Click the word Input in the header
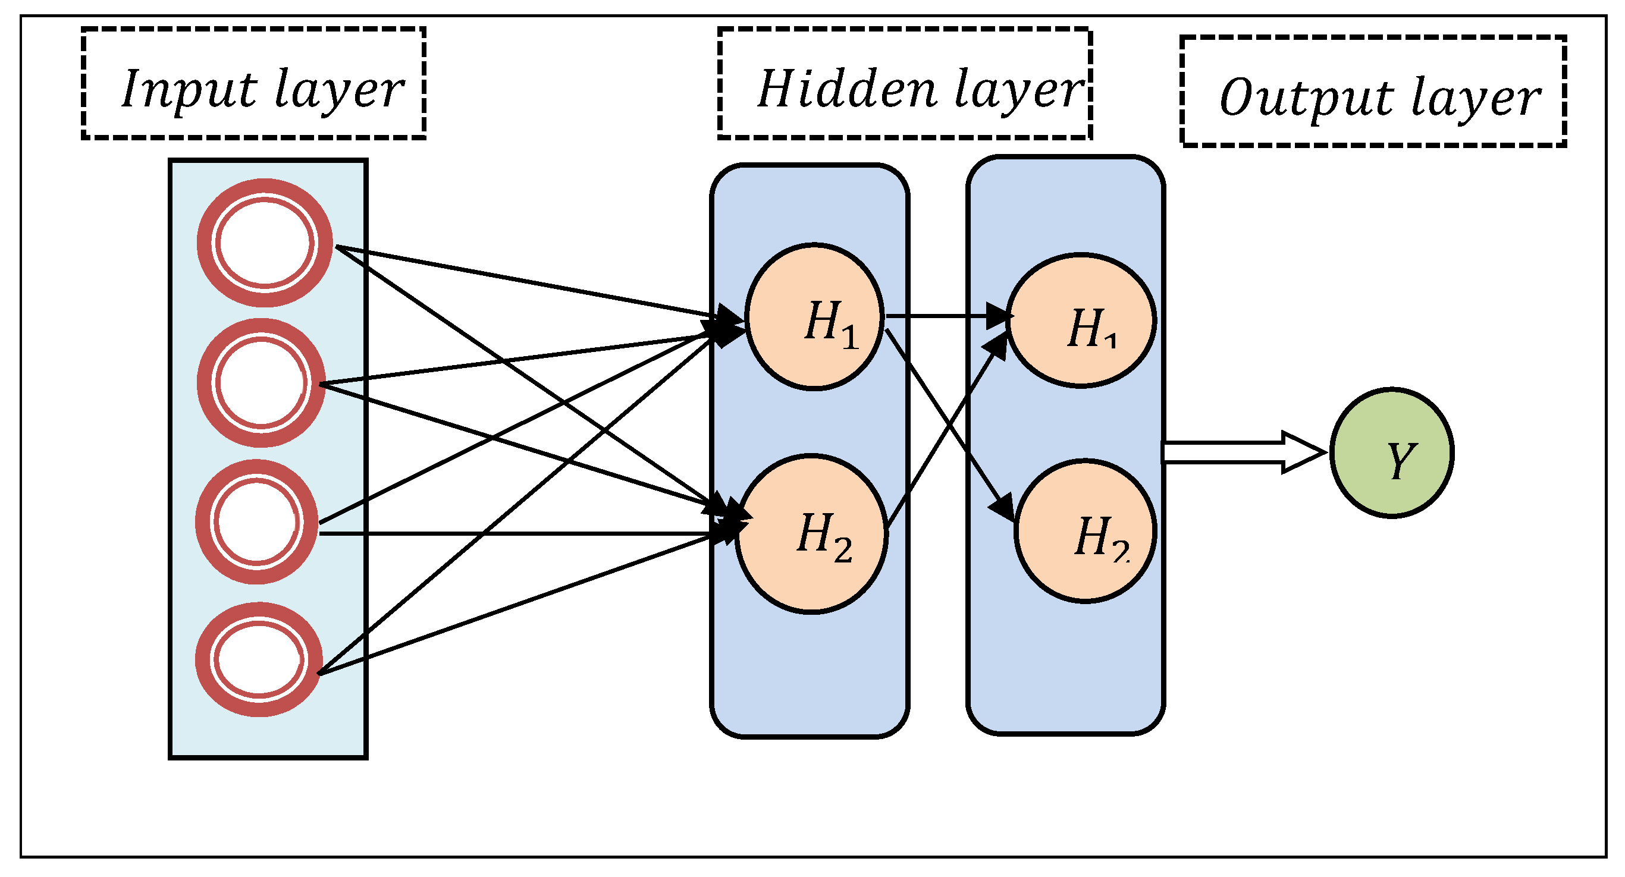pos(188,90)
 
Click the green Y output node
pos(1392,452)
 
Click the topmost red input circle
pos(264,243)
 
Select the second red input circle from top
pos(261,383)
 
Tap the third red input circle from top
pos(256,521)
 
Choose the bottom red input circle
pos(259,659)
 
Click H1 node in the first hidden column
pos(814,316)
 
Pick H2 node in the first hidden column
pos(811,533)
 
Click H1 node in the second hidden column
pos(1081,320)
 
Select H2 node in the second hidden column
pos(1085,531)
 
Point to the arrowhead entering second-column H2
pos(1005,508)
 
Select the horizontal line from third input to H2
pos(504,533)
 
